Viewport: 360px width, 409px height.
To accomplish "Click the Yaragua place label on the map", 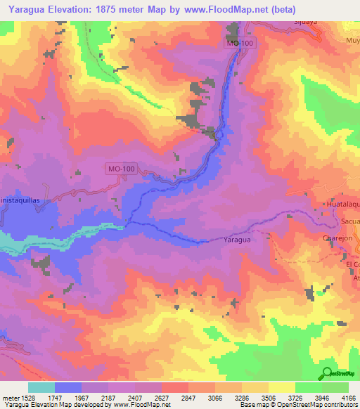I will (x=236, y=239).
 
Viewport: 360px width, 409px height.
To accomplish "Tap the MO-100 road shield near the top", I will (x=240, y=44).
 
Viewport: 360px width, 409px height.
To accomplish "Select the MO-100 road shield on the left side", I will (x=121, y=169).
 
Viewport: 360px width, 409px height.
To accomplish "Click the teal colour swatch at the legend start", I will (x=41, y=387).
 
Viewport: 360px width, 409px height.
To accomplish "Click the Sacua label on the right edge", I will (x=349, y=221).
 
